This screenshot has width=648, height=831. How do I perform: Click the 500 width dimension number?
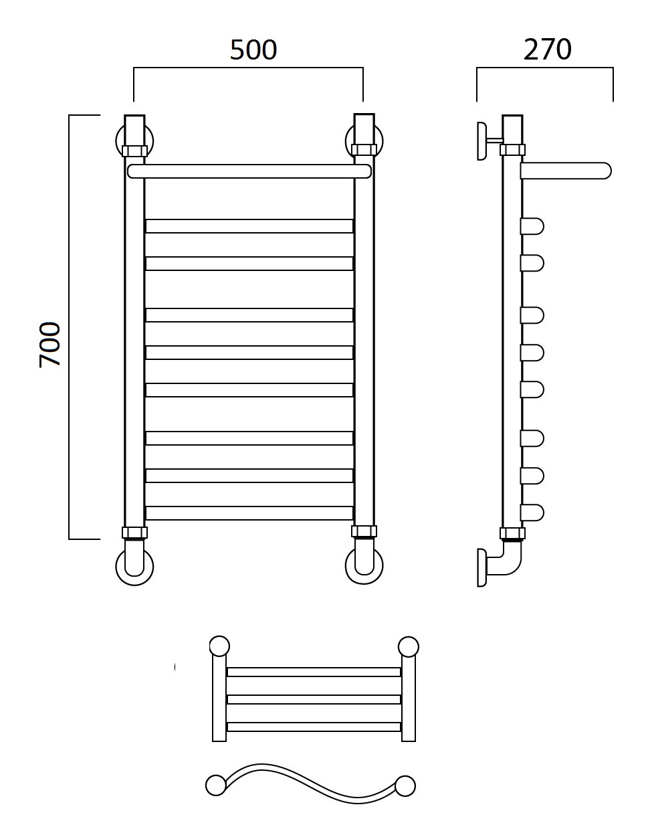(253, 50)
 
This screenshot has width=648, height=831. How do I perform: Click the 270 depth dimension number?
(547, 50)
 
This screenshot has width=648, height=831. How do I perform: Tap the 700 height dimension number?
(50, 345)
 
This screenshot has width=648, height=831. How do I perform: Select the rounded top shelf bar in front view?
(249, 171)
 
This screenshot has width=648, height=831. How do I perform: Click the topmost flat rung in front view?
(249, 226)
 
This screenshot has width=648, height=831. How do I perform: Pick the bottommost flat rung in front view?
(249, 513)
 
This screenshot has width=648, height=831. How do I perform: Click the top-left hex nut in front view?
(134, 151)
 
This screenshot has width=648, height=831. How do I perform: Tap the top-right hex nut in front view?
(364, 149)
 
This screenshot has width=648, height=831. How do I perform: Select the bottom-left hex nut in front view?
(134, 533)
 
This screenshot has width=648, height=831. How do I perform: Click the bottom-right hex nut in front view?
(364, 531)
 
